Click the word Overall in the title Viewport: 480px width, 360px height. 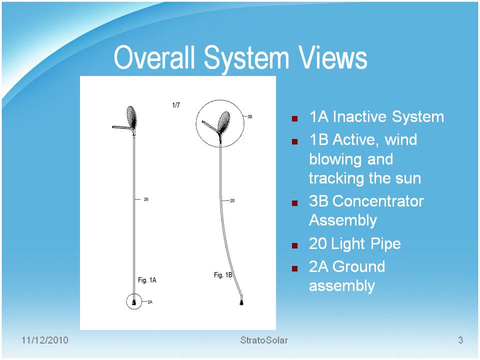pyautogui.click(x=154, y=57)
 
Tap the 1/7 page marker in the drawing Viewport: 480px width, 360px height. pyautogui.click(x=176, y=105)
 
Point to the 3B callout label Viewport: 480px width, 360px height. pyautogui.click(x=250, y=116)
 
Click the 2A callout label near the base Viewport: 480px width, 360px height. pyautogui.click(x=150, y=302)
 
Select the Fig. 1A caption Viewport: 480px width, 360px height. pyautogui.click(x=147, y=280)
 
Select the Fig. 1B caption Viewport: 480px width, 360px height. pyautogui.click(x=223, y=275)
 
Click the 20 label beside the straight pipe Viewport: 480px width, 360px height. pyautogui.click(x=146, y=199)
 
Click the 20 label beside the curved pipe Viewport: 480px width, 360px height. pyautogui.click(x=232, y=201)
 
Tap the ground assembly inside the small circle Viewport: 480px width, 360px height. pyautogui.click(x=134, y=302)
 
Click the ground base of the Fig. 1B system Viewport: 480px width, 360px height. pyautogui.click(x=242, y=302)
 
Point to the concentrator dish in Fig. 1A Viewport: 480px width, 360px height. pyautogui.click(x=131, y=116)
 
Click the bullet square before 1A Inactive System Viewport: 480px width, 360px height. pyautogui.click(x=295, y=119)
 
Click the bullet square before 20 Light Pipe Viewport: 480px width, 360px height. pyautogui.click(x=295, y=245)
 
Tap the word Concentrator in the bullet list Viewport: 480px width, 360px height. pyautogui.click(x=378, y=201)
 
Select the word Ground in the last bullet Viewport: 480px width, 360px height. pyautogui.click(x=359, y=266)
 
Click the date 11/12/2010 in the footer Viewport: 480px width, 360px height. pyautogui.click(x=44, y=340)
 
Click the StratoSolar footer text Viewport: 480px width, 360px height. pyautogui.click(x=264, y=340)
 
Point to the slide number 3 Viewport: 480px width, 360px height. pyautogui.click(x=460, y=340)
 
